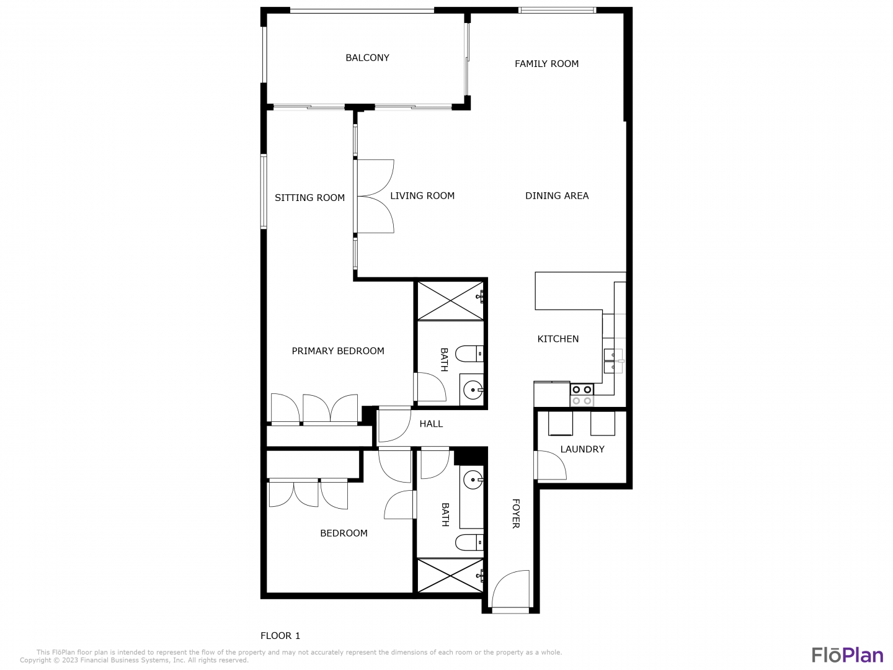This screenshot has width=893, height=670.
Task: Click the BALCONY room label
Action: point(367,58)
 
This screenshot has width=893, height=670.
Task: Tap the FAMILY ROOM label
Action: point(546,64)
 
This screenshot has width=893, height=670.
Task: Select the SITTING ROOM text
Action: point(309,198)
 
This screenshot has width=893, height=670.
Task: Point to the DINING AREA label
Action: point(556,195)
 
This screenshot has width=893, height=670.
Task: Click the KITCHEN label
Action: point(558,339)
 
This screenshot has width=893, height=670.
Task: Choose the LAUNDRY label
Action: point(582,449)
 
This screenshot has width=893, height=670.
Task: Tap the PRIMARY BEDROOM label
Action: point(338,351)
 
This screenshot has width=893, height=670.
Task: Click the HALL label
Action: point(431,424)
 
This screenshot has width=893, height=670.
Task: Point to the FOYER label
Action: point(515,514)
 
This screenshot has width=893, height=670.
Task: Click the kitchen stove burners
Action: point(582,395)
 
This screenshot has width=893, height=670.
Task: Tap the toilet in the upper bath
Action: point(469,354)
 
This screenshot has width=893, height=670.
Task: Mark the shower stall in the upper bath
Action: point(450,301)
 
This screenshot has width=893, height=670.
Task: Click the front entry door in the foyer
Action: point(510,590)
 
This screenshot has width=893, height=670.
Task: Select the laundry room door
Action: point(549,465)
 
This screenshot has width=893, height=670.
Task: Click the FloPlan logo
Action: point(848,655)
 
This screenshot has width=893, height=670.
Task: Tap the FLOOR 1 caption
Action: point(280,635)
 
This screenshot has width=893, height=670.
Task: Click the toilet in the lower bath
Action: point(469,542)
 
